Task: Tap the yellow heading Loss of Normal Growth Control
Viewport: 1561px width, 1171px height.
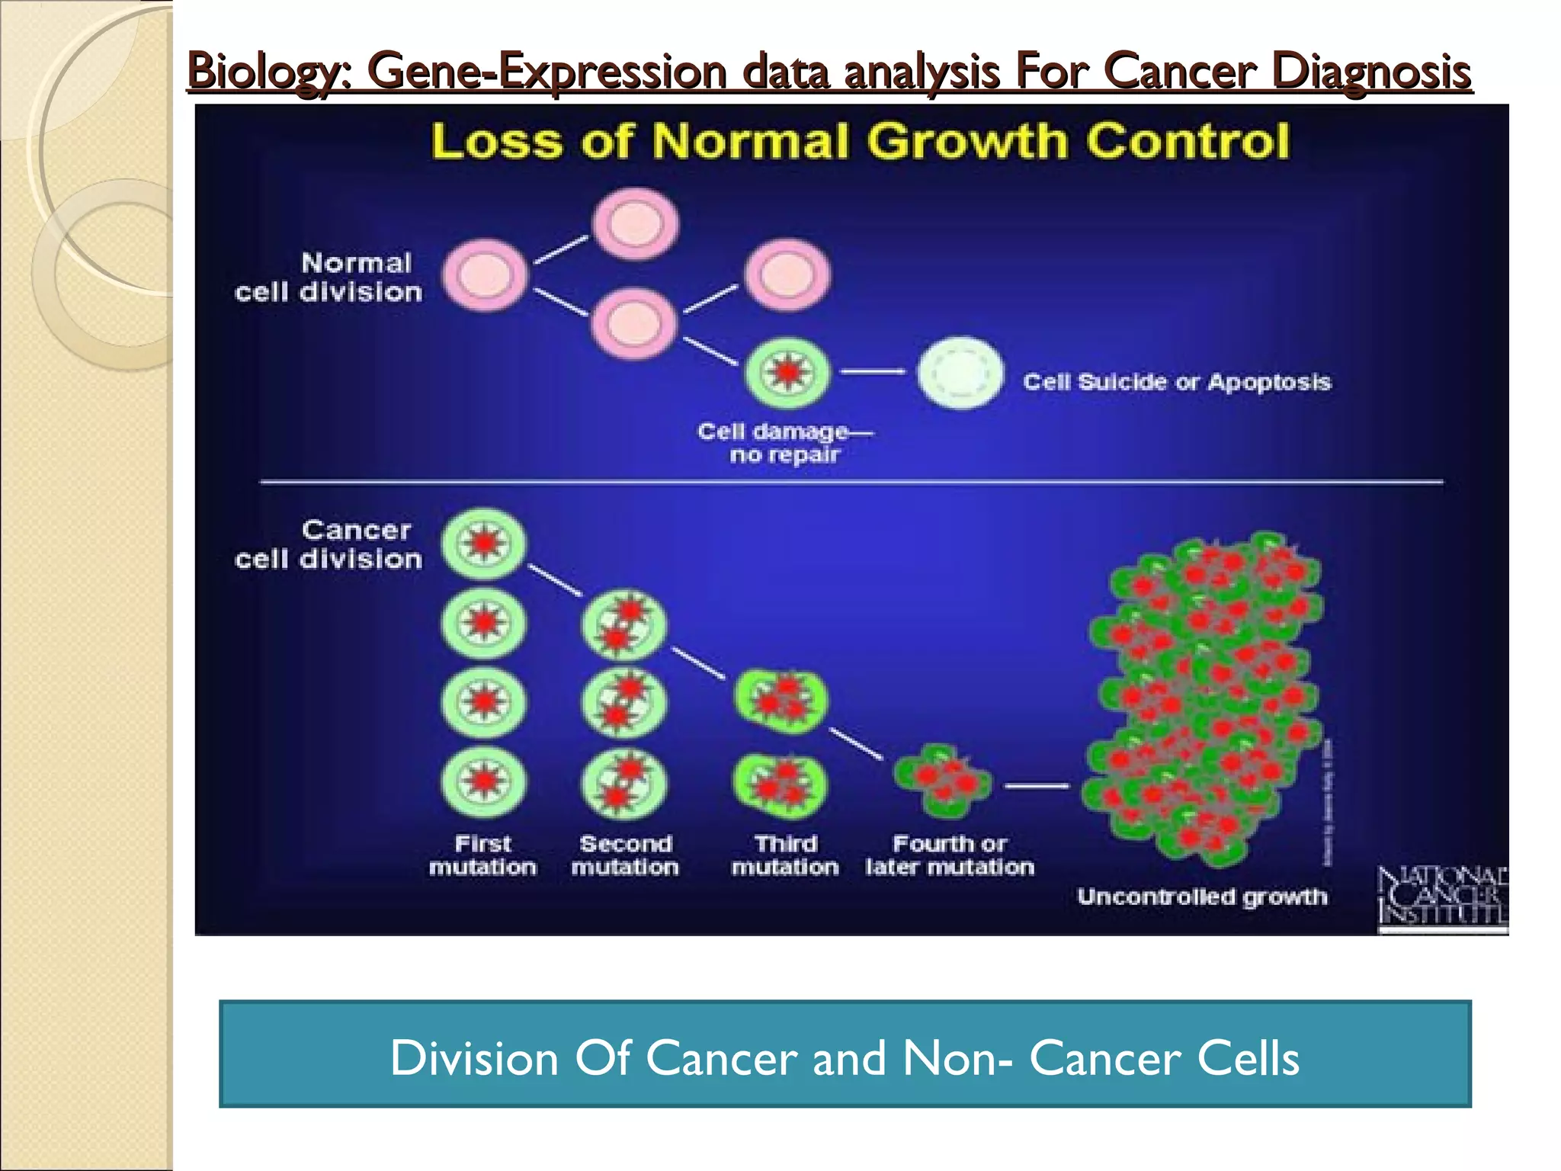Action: coord(860,142)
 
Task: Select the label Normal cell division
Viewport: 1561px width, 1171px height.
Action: coord(329,278)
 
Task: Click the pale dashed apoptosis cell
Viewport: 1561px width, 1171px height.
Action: coord(960,373)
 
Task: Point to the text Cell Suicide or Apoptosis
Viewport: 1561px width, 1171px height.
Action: coord(1176,381)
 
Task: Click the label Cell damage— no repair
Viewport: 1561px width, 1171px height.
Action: coord(784,443)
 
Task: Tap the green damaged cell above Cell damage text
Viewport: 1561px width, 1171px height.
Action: coord(787,373)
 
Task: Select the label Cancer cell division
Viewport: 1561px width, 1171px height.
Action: coord(329,544)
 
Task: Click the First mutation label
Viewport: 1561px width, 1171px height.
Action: coord(482,855)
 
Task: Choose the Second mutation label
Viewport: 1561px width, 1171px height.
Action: coord(625,855)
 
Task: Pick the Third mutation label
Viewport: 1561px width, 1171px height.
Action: coord(785,855)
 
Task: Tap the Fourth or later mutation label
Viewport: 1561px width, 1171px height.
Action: coord(950,855)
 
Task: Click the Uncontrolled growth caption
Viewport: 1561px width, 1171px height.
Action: coord(1201,897)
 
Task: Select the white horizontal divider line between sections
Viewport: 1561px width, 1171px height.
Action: coord(851,482)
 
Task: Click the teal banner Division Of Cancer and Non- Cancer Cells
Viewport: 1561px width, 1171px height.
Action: coord(845,1054)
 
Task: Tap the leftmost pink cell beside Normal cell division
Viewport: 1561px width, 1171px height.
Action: coord(485,275)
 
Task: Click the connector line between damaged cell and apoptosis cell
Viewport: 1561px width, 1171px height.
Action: coord(872,372)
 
